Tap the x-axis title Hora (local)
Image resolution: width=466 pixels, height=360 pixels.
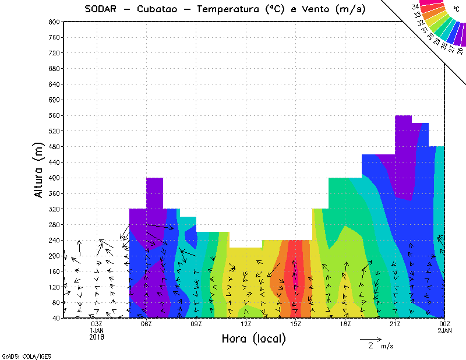pos(253,338)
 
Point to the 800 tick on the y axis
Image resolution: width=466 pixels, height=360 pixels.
pos(53,22)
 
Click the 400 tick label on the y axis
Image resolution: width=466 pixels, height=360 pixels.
pos(53,178)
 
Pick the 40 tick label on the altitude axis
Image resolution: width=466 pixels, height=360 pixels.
pos(55,318)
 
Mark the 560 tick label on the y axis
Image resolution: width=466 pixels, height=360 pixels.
pos(53,115)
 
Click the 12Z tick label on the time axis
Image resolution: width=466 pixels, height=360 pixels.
pos(246,324)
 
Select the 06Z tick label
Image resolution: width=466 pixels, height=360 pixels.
pos(146,324)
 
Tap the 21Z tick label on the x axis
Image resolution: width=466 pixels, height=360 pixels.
pos(395,324)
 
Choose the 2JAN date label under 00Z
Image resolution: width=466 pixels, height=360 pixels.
pos(444,330)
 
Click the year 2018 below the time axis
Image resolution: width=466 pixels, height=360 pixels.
pos(97,337)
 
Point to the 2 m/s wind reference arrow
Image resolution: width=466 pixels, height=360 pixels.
pos(370,338)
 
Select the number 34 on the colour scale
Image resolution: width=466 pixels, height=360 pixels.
pos(415,6)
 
